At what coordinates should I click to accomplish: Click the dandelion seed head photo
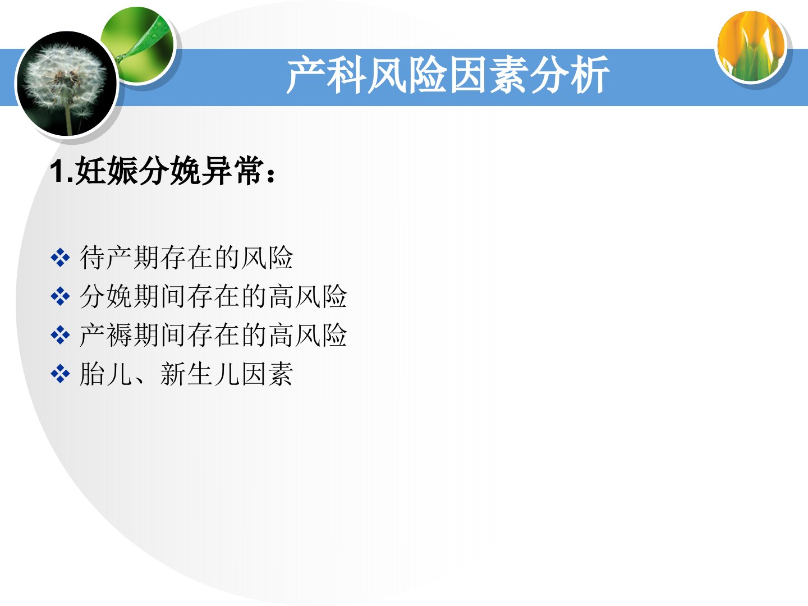67,84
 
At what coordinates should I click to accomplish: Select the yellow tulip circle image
751,46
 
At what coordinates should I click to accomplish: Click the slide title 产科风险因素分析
448,75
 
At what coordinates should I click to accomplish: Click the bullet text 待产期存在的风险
186,257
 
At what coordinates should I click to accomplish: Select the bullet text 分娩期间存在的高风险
213,296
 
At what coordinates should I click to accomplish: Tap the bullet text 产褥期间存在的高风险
213,335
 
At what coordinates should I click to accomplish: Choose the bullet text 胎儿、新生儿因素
186,374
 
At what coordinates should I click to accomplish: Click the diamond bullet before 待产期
60,258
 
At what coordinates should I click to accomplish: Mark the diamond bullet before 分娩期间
60,297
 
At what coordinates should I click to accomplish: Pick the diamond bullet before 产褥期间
60,335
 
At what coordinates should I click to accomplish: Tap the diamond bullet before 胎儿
60,374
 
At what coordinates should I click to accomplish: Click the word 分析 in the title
569,75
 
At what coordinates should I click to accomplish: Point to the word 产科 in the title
326,75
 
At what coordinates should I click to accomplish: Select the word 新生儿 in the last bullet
200,374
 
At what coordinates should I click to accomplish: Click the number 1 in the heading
57,172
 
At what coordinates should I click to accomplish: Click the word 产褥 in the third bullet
106,335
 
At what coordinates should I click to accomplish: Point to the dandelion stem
68,114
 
